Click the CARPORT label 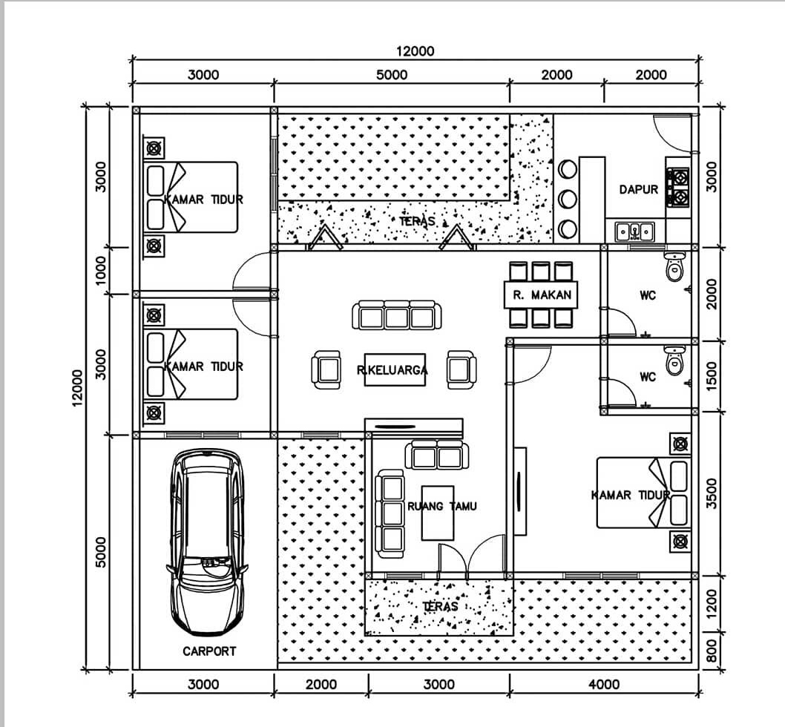209,651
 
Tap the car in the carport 206,542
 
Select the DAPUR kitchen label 638,189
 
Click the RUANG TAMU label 442,506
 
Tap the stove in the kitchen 677,187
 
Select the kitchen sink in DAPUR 635,231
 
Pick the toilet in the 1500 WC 674,360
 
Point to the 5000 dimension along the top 392,74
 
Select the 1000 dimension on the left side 102,269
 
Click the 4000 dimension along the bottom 604,684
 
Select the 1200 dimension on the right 712,603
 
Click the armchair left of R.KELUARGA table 326,369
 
